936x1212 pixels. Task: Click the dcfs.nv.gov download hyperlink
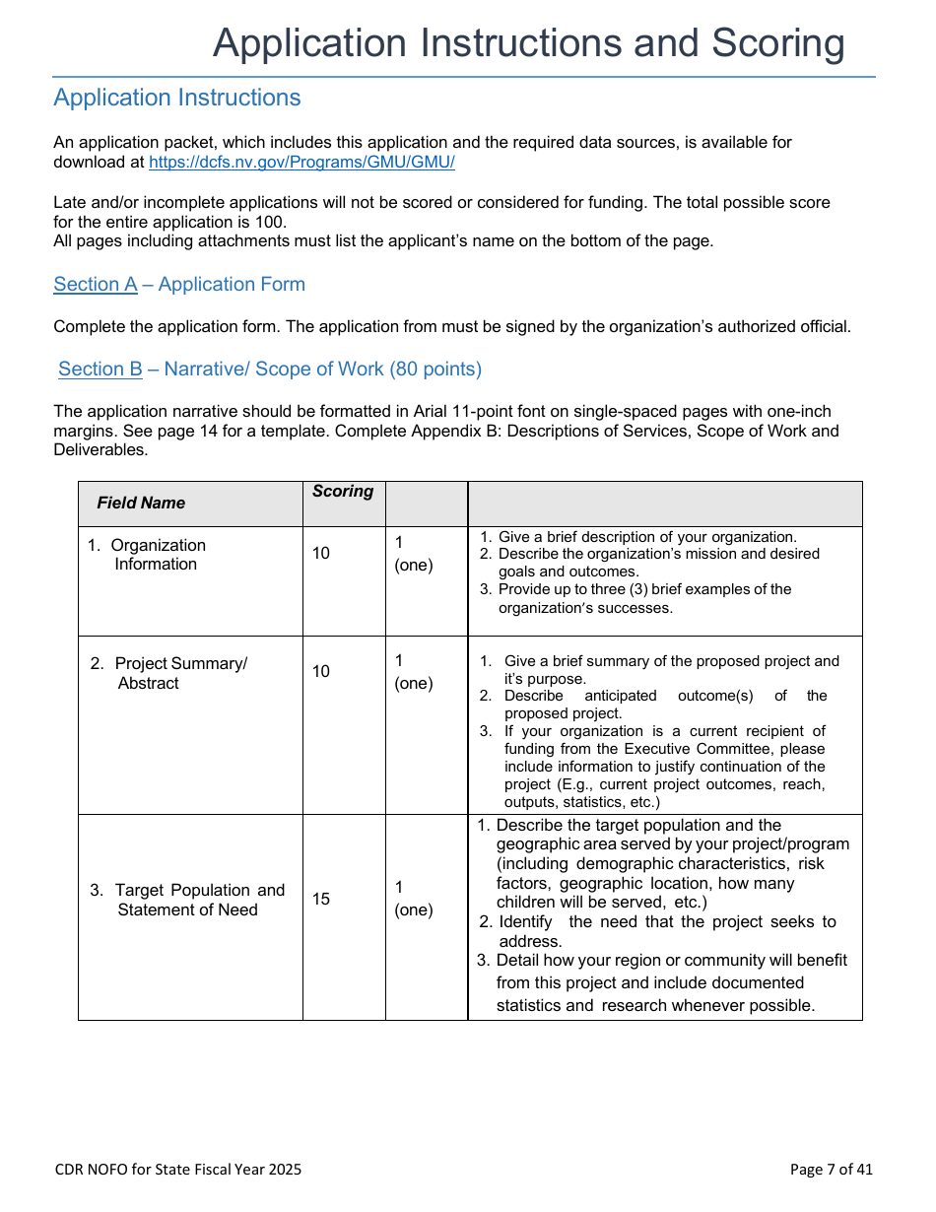click(301, 163)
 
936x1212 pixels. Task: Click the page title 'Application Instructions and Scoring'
click(528, 44)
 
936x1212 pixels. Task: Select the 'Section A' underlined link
click(96, 285)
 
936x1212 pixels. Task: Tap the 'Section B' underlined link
click(100, 370)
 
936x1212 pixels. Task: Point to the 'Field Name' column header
click(141, 504)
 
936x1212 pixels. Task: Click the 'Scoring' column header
click(343, 492)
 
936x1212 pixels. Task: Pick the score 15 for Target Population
click(321, 900)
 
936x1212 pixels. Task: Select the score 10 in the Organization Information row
click(321, 554)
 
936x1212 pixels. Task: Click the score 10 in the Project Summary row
click(321, 672)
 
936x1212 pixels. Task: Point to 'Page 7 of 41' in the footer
click(831, 1170)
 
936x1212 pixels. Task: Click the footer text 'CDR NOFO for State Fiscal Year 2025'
click(178, 1170)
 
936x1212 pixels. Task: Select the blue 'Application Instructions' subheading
click(177, 99)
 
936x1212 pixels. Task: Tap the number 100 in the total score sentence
click(271, 222)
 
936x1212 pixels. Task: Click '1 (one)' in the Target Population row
click(413, 899)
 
